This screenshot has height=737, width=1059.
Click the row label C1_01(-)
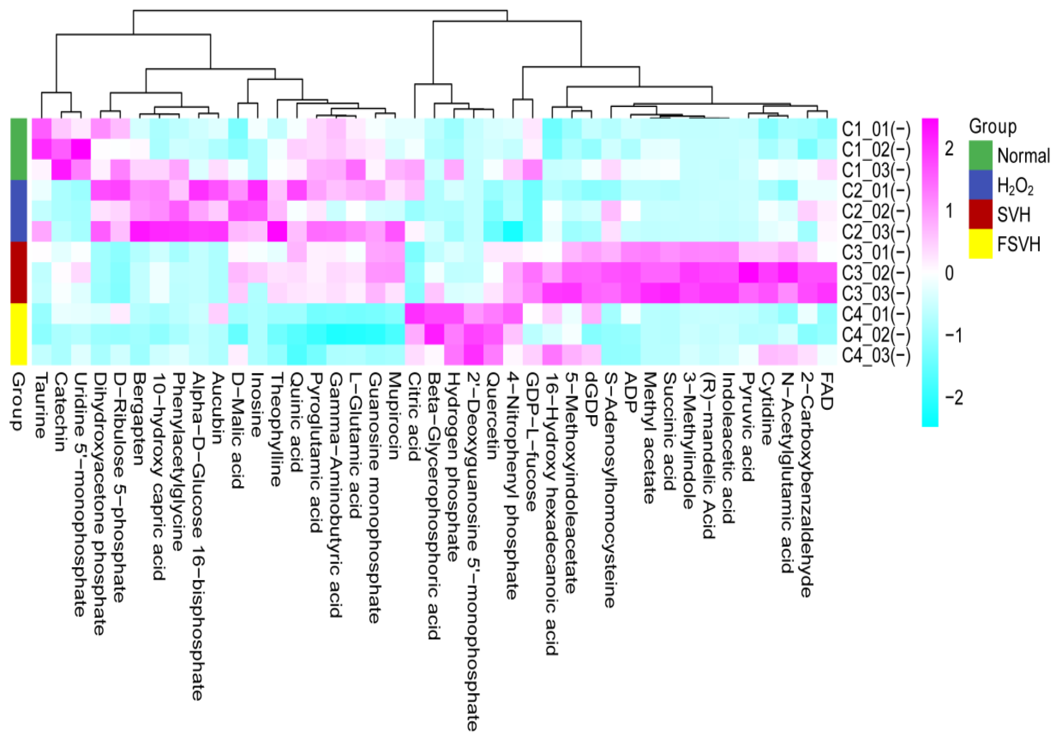tap(876, 130)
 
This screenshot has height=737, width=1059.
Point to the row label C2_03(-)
tap(876, 232)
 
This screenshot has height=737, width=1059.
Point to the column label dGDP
tap(590, 400)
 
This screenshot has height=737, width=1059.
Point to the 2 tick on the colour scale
tap(949, 149)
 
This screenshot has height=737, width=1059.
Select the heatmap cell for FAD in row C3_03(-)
tap(826, 293)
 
